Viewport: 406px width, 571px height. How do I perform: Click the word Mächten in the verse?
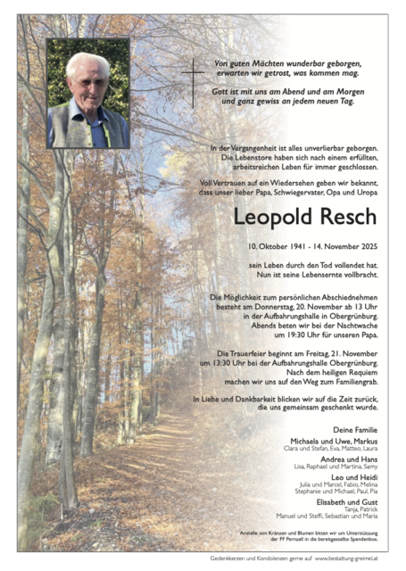click(x=271, y=64)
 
